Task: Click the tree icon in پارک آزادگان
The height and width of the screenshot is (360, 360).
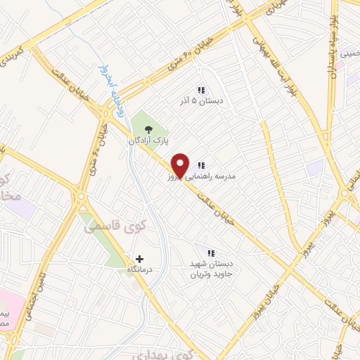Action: point(148,129)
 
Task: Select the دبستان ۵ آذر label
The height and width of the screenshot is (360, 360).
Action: point(202,101)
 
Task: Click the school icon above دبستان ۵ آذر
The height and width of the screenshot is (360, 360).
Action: point(201,90)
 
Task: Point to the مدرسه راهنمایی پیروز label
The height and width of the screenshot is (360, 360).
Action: point(235,178)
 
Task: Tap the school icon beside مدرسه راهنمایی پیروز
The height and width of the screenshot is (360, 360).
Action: point(202,166)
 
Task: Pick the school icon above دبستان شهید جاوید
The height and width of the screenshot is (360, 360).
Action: point(210,253)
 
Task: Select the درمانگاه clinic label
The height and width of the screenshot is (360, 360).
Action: point(140,271)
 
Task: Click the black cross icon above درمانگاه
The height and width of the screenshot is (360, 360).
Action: point(139,259)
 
